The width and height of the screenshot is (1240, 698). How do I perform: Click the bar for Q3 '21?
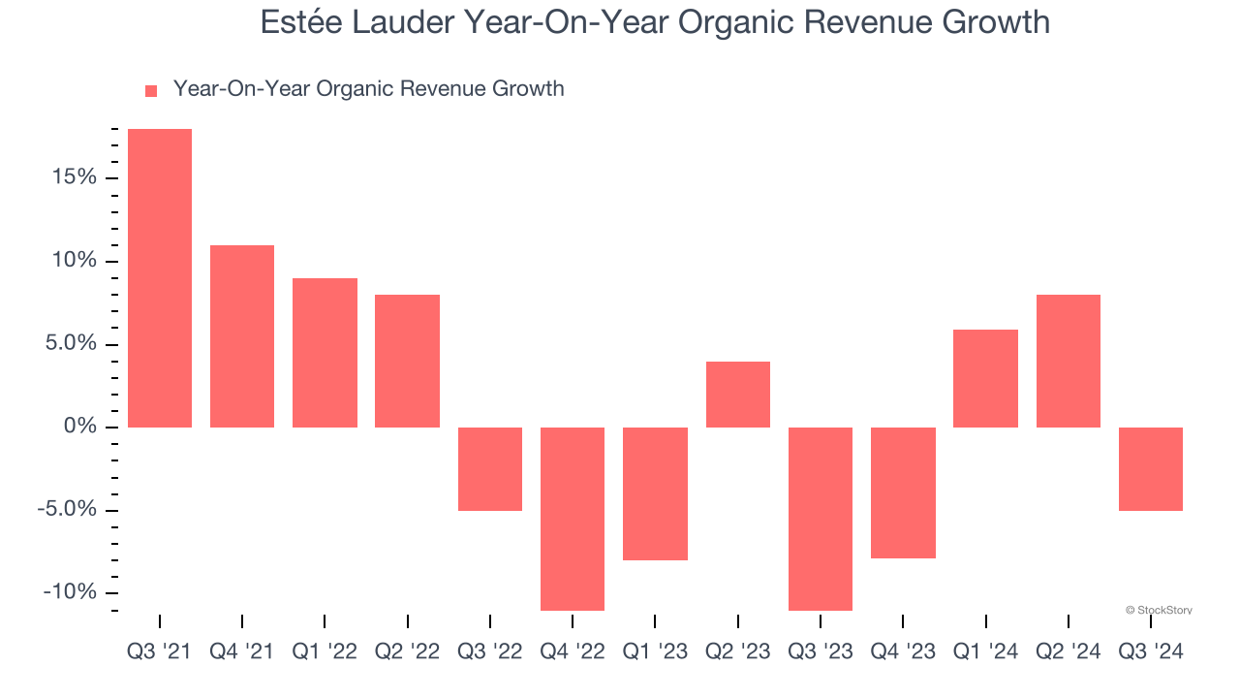(x=160, y=278)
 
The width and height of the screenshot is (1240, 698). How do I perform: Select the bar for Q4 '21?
(x=242, y=336)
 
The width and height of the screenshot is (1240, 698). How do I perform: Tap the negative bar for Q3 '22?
(x=490, y=469)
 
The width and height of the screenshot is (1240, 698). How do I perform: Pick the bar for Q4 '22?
(x=573, y=519)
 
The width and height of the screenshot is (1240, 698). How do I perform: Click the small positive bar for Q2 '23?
(x=738, y=395)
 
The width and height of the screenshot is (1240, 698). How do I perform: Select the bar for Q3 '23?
(x=821, y=519)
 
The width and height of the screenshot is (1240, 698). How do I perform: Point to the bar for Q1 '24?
(x=985, y=378)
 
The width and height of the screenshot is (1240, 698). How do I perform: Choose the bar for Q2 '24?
(x=1069, y=361)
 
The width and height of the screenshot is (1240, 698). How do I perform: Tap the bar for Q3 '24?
(x=1151, y=469)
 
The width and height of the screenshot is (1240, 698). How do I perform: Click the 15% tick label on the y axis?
(x=75, y=177)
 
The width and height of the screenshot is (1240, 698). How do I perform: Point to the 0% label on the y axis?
(x=81, y=428)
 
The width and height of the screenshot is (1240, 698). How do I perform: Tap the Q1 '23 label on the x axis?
(x=655, y=652)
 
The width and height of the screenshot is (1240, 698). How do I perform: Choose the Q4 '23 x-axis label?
(x=903, y=652)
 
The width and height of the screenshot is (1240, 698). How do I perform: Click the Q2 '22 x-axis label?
(x=407, y=652)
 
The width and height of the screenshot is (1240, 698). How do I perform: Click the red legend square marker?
(x=151, y=91)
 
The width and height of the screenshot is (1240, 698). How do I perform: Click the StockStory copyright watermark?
(x=1159, y=610)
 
